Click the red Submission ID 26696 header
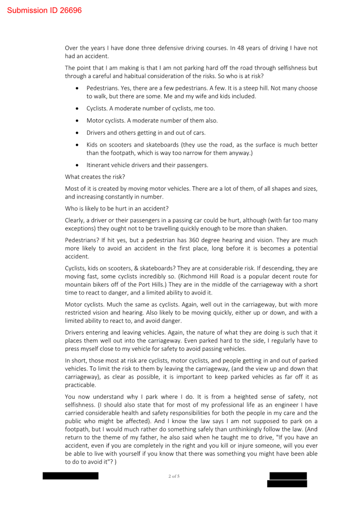(x=44, y=10)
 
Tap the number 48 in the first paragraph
(x=241, y=48)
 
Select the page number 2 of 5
(x=174, y=476)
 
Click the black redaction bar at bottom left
(x=70, y=476)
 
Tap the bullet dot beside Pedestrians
(x=77, y=88)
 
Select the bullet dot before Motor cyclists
(x=77, y=121)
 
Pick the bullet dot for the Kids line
(x=77, y=145)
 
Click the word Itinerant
(x=99, y=165)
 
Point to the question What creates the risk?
(x=95, y=177)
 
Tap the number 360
(x=194, y=240)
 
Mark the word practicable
(x=80, y=385)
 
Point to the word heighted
(x=245, y=397)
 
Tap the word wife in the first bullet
(x=201, y=96)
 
